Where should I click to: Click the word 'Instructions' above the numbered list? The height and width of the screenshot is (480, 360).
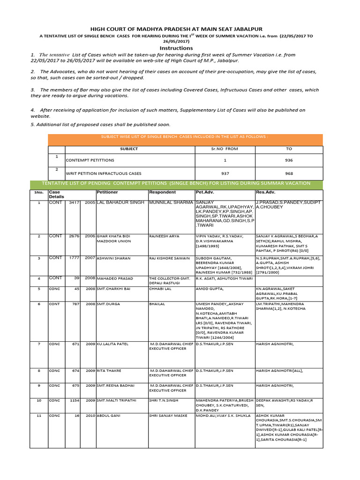pos(176,48)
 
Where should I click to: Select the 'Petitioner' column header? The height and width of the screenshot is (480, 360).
pos(107,192)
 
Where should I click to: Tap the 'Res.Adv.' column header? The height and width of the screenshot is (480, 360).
pos(265,192)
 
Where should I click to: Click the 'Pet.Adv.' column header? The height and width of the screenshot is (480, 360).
pos(205,192)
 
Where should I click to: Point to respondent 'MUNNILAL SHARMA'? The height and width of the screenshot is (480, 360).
pos(171,202)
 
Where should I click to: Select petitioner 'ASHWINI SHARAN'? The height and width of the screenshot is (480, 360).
pos(113,258)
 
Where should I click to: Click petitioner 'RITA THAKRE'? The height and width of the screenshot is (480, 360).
pos(109,370)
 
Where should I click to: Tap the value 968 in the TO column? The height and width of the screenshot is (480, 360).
pos(289,172)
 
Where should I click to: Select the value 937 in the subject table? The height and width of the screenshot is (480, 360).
pos(225,172)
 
